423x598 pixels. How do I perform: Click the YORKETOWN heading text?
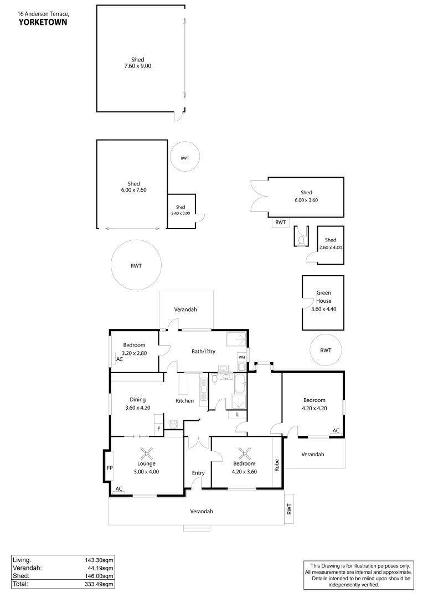[x=43, y=22]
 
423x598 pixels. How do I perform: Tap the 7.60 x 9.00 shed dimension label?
[x=137, y=66]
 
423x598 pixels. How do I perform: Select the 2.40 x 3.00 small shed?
[x=182, y=210]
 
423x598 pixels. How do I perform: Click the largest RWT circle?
[x=136, y=266]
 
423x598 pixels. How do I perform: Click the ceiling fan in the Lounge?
[x=147, y=453]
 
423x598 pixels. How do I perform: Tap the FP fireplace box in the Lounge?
[x=110, y=467]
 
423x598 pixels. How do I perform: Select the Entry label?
[x=198, y=473]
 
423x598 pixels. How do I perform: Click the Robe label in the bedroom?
[x=277, y=465]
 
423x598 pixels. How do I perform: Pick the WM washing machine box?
[x=241, y=357]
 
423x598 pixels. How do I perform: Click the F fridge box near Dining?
[x=159, y=428]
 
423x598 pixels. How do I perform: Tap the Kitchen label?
[x=184, y=401]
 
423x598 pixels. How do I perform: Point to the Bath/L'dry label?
[x=203, y=351]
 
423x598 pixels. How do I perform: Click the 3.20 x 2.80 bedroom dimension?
[x=133, y=352]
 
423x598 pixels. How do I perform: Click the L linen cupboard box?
[x=237, y=414]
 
